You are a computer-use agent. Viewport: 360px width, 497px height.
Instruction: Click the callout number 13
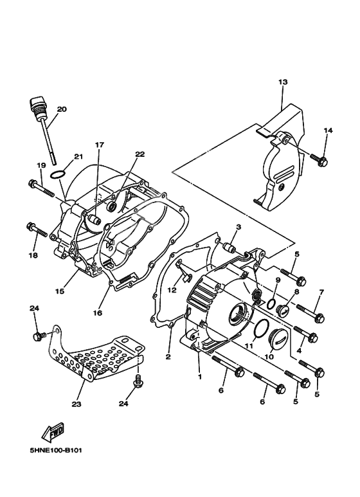[283, 82]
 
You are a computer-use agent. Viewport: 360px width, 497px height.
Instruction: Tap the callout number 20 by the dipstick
[62, 109]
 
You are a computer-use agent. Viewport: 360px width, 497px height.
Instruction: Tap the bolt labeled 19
[42, 187]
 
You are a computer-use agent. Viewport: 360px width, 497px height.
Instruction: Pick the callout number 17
[100, 145]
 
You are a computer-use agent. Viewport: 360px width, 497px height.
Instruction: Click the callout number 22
[140, 154]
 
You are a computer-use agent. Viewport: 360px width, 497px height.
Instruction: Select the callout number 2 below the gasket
[168, 357]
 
